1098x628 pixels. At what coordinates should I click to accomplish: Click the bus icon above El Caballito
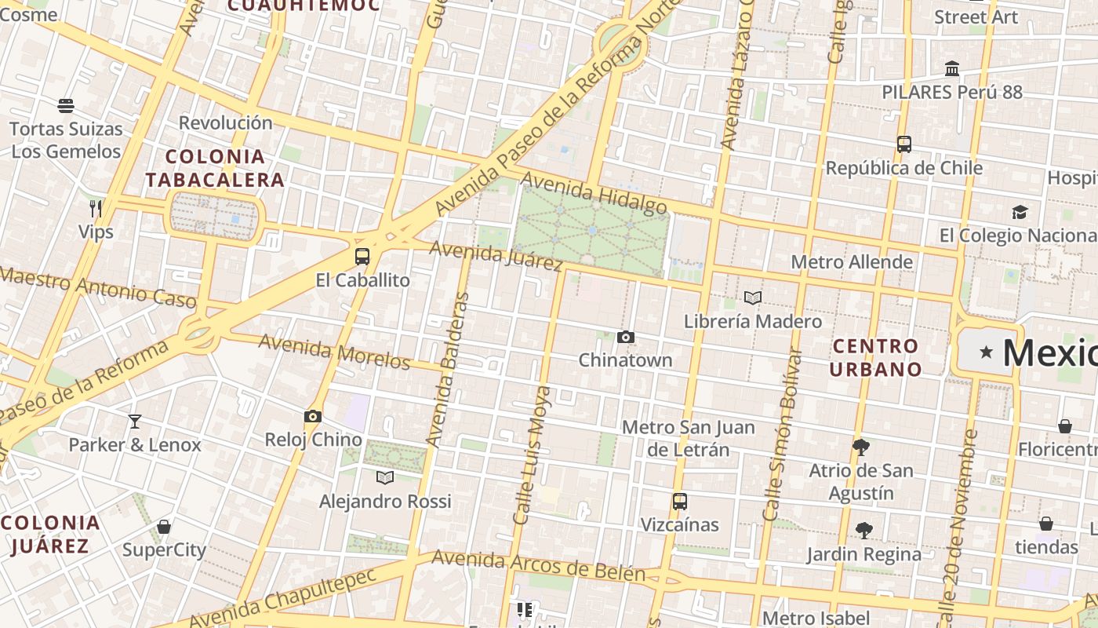click(362, 256)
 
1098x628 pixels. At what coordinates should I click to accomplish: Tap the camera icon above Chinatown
click(625, 338)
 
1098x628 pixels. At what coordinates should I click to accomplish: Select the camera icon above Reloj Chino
click(313, 417)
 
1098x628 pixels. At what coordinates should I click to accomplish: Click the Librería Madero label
click(752, 321)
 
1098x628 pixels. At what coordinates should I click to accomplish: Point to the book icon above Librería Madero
click(753, 298)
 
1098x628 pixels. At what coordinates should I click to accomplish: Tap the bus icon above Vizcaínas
click(680, 501)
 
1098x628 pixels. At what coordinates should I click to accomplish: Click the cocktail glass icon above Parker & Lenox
click(135, 422)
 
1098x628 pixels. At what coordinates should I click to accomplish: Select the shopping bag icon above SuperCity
click(164, 527)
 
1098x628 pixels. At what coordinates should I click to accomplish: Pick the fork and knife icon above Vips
click(96, 209)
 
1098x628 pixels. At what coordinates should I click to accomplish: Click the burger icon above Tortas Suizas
click(66, 105)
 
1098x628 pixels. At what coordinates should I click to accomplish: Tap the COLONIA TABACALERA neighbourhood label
click(214, 168)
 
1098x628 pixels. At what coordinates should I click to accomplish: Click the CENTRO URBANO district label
click(876, 357)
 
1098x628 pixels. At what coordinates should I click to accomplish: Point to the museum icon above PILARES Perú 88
click(952, 69)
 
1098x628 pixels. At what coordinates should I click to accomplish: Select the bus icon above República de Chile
click(904, 144)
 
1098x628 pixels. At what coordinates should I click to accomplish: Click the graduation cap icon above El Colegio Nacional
click(1020, 212)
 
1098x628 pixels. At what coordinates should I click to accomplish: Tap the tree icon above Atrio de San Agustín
click(861, 447)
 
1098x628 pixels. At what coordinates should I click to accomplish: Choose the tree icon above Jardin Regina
click(864, 531)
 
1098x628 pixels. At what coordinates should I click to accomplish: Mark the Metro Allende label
click(852, 262)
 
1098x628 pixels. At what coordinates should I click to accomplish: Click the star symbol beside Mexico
click(986, 352)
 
